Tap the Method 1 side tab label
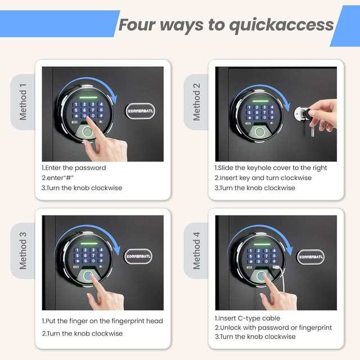(23, 102)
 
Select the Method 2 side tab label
(196, 102)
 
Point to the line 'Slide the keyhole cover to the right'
(271, 168)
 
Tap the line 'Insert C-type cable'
(248, 318)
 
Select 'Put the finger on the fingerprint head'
(102, 321)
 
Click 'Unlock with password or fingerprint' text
(273, 327)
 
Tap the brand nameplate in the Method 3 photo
(138, 256)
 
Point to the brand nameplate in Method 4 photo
(310, 256)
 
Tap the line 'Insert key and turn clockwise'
(263, 178)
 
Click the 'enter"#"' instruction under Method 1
(59, 178)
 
